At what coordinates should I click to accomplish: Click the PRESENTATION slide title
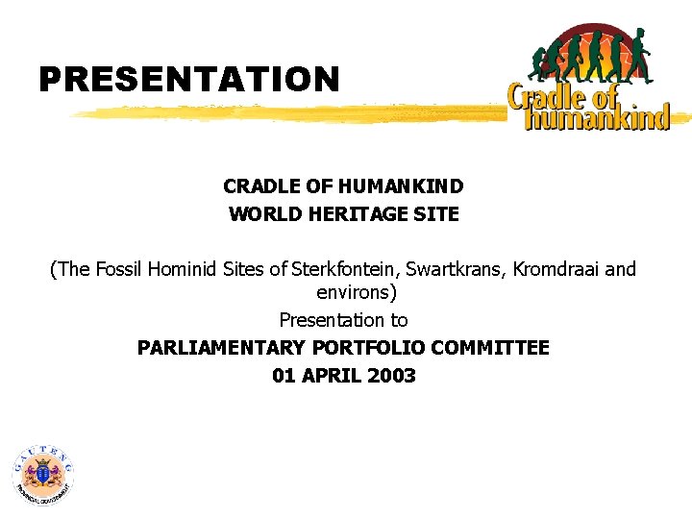[189, 79]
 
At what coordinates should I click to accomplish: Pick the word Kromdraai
[556, 269]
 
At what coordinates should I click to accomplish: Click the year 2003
[390, 376]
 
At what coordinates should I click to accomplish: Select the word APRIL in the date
[330, 376]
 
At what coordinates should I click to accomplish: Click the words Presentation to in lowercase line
[343, 320]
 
